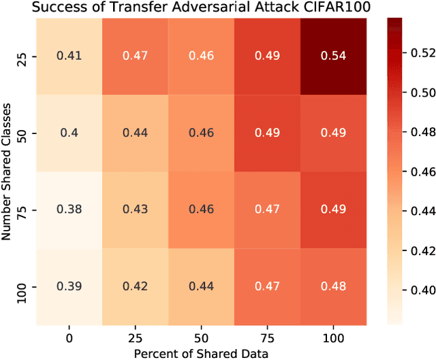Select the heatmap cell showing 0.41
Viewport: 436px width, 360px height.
(x=69, y=56)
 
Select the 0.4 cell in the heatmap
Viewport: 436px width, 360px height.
(x=69, y=133)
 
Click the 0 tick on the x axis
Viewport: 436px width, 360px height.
(x=69, y=338)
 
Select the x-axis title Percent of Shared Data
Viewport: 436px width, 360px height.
(x=201, y=352)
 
